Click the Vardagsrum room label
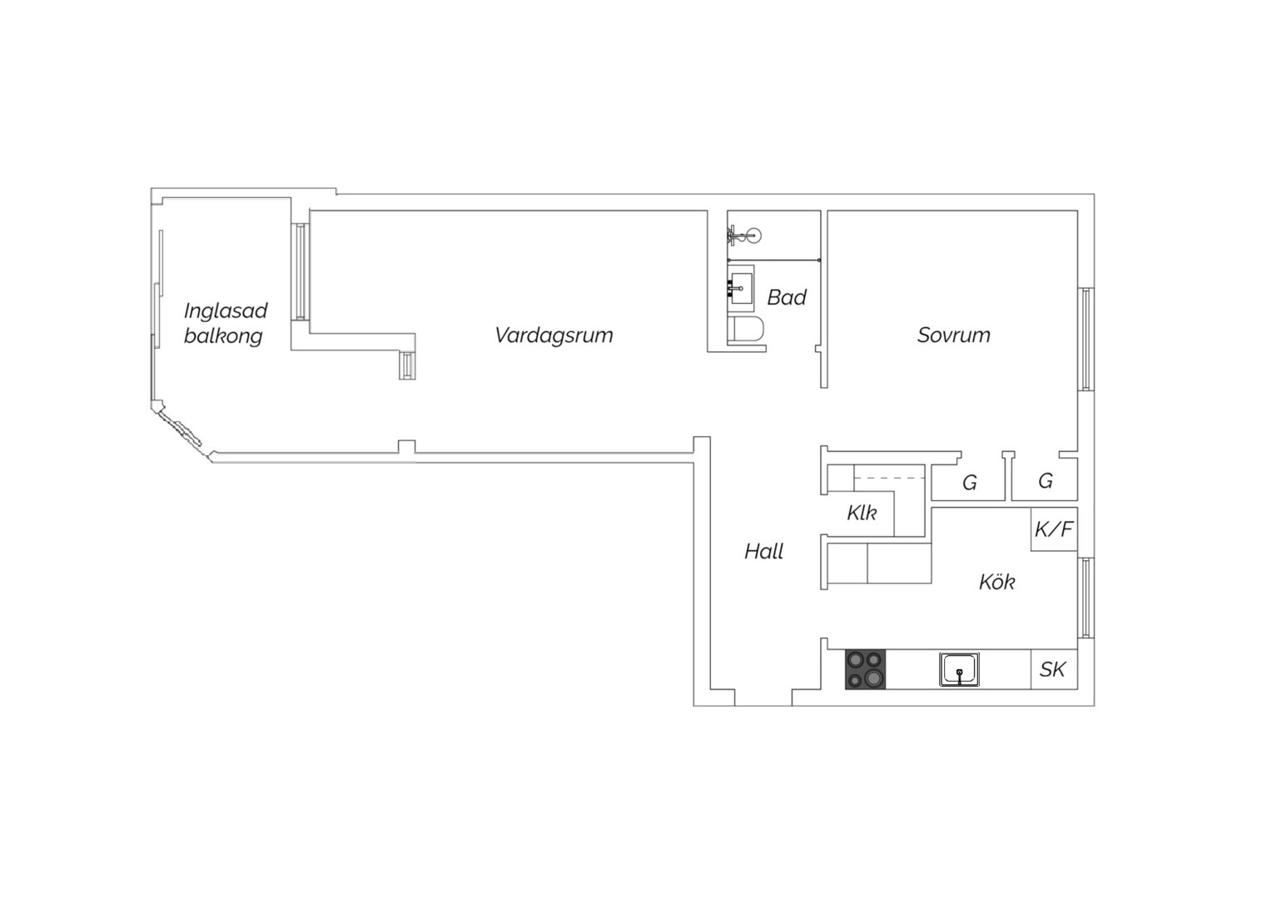(554, 335)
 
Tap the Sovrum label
(953, 335)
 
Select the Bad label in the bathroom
(787, 297)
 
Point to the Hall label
(763, 551)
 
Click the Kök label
(996, 582)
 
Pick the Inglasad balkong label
(226, 323)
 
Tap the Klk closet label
(862, 513)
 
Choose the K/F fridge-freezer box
(1054, 529)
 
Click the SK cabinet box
(1054, 669)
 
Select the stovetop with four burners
(866, 669)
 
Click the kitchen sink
(959, 669)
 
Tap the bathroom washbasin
(741, 289)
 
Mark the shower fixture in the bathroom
(744, 235)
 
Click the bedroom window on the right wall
(1086, 339)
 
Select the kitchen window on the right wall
(1086, 598)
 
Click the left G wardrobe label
(969, 483)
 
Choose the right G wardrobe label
(1046, 481)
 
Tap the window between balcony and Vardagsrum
(301, 271)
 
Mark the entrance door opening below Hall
(763, 698)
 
